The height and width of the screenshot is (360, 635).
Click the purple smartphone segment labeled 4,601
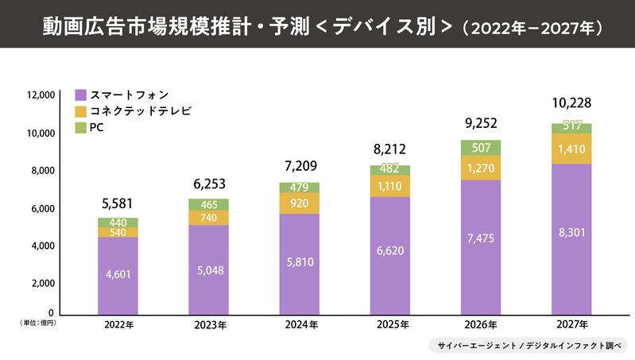[x=118, y=275]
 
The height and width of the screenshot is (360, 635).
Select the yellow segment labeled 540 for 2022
[x=118, y=232]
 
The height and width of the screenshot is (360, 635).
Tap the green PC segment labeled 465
[x=208, y=205]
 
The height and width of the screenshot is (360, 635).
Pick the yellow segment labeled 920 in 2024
[x=300, y=203]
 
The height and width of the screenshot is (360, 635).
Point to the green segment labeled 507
[x=481, y=147]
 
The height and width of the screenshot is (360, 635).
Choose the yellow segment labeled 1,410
[x=571, y=148]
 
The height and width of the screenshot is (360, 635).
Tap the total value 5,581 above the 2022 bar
[x=118, y=203]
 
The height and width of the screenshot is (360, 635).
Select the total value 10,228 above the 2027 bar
[x=571, y=103]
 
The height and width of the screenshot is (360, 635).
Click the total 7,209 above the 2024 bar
[x=300, y=166]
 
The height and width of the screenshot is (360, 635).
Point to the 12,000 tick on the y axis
[x=40, y=95]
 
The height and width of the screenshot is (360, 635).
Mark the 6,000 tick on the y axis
[x=42, y=208]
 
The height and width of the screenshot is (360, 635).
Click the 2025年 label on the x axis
[x=390, y=325]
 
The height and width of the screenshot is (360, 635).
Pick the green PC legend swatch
[x=80, y=127]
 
